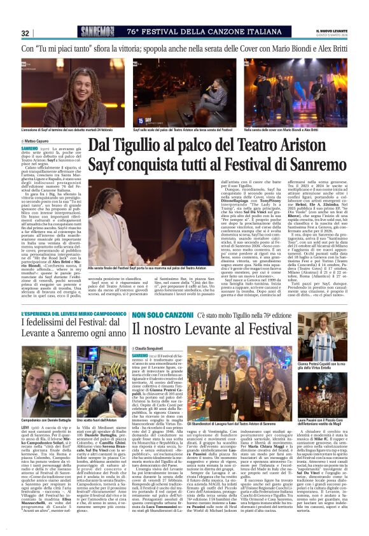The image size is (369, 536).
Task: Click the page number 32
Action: pos(25,33)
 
